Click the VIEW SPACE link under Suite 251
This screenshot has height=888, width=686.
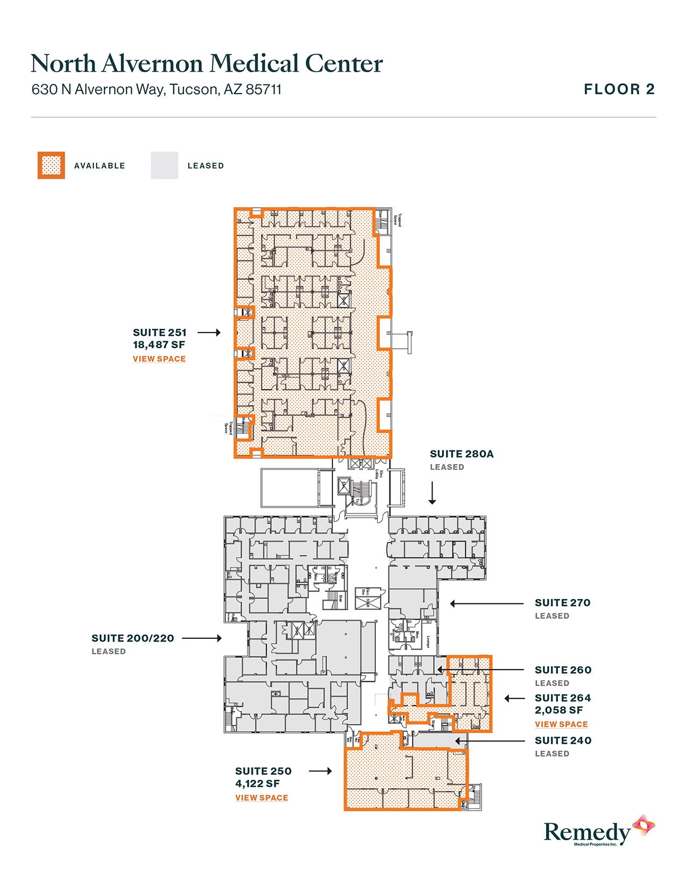point(159,359)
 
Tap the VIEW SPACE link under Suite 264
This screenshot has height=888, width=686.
point(561,724)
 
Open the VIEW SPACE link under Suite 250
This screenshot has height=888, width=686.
point(261,798)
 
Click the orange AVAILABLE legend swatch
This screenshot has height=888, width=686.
point(51,165)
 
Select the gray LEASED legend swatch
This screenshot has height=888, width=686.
point(164,165)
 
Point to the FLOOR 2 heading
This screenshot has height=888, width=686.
point(619,89)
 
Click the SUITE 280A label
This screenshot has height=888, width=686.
point(462,454)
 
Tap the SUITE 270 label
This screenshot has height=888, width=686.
point(562,603)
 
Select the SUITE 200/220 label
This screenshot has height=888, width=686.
point(133,638)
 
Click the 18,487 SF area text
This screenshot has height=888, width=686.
point(159,345)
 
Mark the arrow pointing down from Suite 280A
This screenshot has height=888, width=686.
point(432,493)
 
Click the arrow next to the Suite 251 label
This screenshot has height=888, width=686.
point(209,333)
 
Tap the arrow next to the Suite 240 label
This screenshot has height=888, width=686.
point(490,741)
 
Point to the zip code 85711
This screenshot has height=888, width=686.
point(263,89)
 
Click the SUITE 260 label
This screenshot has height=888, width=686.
point(563,670)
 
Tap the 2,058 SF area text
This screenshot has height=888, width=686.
point(558,710)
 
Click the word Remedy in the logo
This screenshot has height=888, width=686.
point(586,833)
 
